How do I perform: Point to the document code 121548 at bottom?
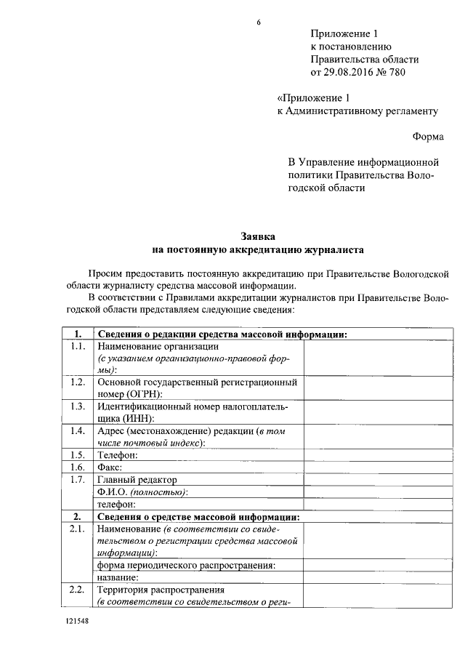click(x=75, y=624)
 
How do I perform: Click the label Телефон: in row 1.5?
click(x=117, y=455)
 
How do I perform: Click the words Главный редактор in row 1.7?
click(x=137, y=480)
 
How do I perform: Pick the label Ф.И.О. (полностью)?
click(x=142, y=492)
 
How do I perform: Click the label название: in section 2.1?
click(x=117, y=577)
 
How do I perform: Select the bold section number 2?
click(x=77, y=516)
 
